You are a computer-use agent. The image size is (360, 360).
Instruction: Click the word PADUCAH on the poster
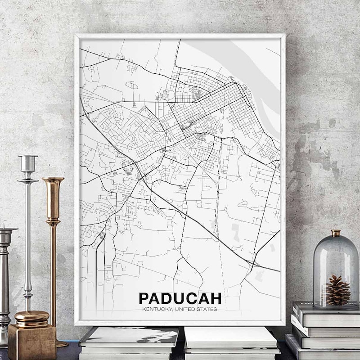pyautogui.click(x=180, y=298)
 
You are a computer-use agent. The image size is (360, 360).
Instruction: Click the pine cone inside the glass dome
pyautogui.click(x=337, y=290)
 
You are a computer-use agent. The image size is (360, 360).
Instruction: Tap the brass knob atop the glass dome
pyautogui.click(x=336, y=233)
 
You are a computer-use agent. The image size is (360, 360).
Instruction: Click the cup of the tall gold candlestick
pyautogui.click(x=53, y=193)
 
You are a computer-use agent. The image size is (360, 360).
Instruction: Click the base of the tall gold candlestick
pyautogui.click(x=61, y=344)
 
